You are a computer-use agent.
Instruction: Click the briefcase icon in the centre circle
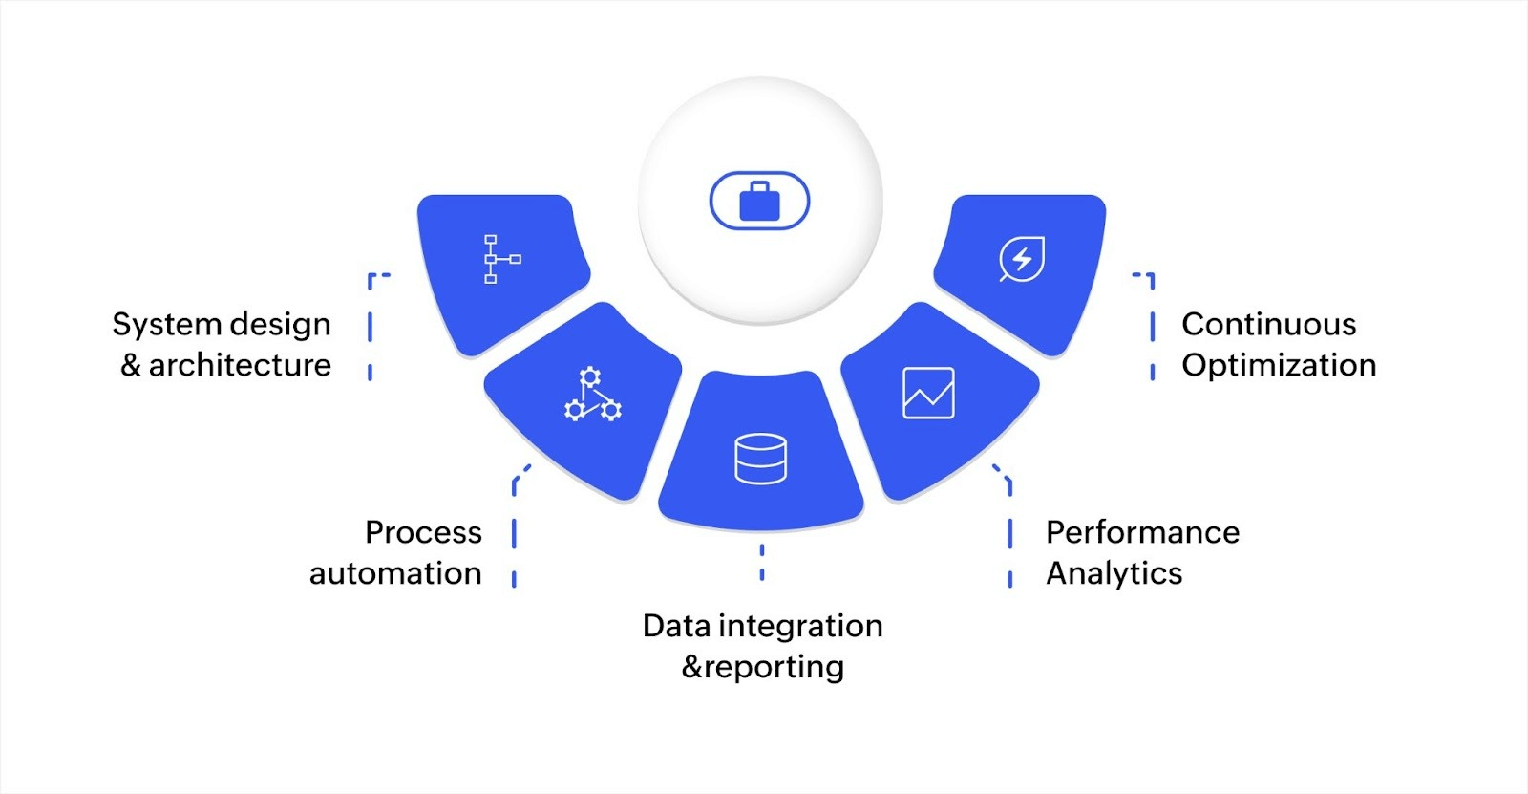[759, 202]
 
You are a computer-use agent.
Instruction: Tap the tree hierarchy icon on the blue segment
[499, 259]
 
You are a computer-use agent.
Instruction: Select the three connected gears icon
[592, 395]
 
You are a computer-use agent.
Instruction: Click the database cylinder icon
[760, 459]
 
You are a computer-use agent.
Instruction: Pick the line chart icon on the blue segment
[928, 393]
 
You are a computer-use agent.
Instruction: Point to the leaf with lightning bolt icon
[1022, 259]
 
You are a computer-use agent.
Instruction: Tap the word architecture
[240, 365]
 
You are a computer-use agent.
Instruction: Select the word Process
[423, 532]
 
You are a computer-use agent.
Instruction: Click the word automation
[395, 573]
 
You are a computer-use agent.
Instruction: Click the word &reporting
[762, 667]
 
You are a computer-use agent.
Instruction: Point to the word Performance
[1142, 532]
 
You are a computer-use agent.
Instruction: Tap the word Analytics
[1114, 573]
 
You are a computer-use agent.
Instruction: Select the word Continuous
[1268, 325]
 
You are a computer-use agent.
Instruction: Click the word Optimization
[1279, 365]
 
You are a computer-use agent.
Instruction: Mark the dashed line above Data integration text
[762, 562]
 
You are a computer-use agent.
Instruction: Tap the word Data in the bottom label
[676, 626]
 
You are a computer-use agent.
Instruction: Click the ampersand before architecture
[131, 365]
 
